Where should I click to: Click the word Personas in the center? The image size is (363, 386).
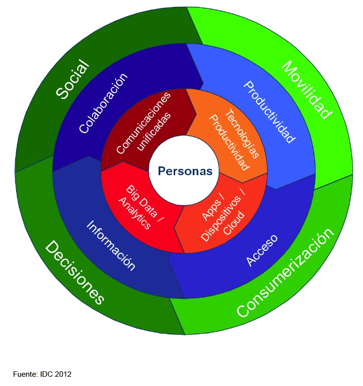coord(185,171)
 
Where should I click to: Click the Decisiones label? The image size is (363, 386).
coord(75,273)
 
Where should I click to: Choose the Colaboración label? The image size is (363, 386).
coord(103,103)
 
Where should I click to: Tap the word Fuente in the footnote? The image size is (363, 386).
coord(23,374)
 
